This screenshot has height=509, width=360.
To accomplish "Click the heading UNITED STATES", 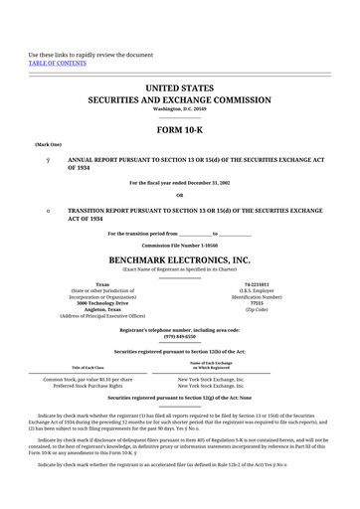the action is pos(180,88).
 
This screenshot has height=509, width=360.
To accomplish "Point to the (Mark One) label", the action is pos(49,144).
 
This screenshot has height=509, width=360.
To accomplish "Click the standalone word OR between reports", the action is pos(180,194).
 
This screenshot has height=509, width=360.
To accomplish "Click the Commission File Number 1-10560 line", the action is pos(180,245).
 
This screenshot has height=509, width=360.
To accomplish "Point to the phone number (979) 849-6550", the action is pos(180,335).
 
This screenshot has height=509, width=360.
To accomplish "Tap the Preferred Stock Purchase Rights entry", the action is pos(90,387).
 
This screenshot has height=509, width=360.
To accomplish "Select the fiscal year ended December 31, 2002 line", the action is pos(180,183).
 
